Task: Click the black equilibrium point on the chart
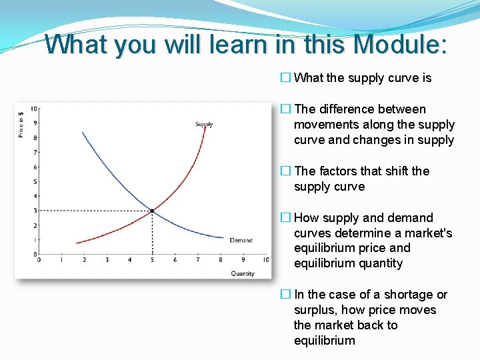point(153,211)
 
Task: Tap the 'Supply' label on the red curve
point(204,124)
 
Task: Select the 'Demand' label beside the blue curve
point(241,240)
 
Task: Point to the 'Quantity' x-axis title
point(243,273)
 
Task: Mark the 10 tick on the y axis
point(34,109)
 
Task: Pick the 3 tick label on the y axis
point(35,211)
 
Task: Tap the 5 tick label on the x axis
point(152,260)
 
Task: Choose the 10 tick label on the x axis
point(265,260)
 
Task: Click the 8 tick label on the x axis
point(221,260)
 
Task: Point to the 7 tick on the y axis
point(35,153)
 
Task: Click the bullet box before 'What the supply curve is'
point(285,78)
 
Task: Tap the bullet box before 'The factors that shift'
point(285,171)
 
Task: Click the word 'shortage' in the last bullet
point(392,294)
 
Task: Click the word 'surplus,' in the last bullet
point(318,310)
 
